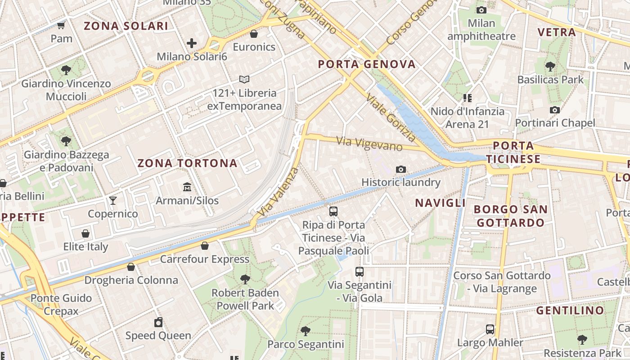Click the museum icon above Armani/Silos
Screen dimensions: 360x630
click(x=187, y=187)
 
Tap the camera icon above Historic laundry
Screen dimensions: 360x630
click(x=400, y=169)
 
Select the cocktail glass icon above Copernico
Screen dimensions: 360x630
click(x=112, y=200)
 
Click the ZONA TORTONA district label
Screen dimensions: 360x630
click(x=187, y=163)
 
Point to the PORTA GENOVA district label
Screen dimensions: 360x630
click(x=367, y=64)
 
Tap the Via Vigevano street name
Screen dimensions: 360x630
click(x=369, y=144)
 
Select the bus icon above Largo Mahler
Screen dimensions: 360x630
click(x=490, y=329)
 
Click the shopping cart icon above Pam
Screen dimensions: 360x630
click(x=61, y=25)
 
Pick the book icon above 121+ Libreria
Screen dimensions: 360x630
click(x=244, y=80)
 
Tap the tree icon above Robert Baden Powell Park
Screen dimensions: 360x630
click(x=245, y=279)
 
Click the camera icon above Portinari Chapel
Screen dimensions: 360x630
click(x=555, y=110)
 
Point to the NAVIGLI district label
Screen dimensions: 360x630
click(x=440, y=203)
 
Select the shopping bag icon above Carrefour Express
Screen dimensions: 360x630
click(x=205, y=246)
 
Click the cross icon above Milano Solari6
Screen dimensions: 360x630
click(x=192, y=43)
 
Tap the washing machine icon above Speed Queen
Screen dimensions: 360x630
click(x=158, y=322)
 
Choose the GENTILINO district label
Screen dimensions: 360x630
click(x=570, y=310)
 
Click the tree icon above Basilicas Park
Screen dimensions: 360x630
click(x=550, y=67)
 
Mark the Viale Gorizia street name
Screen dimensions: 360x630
click(x=390, y=117)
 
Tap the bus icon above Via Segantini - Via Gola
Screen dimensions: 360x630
click(x=359, y=272)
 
